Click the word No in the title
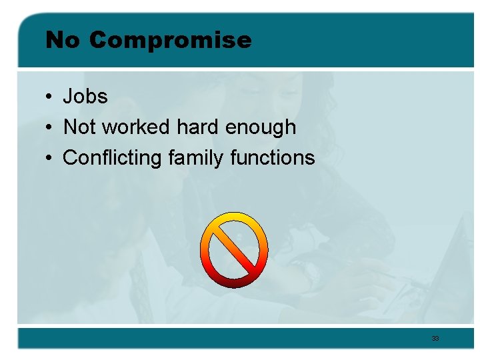click(x=62, y=41)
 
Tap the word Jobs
click(x=85, y=97)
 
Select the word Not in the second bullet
click(x=79, y=127)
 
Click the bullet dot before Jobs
click(x=50, y=97)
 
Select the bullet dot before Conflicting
click(x=50, y=159)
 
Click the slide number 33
click(x=435, y=339)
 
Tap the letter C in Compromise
click(x=97, y=41)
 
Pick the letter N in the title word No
click(x=54, y=41)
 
